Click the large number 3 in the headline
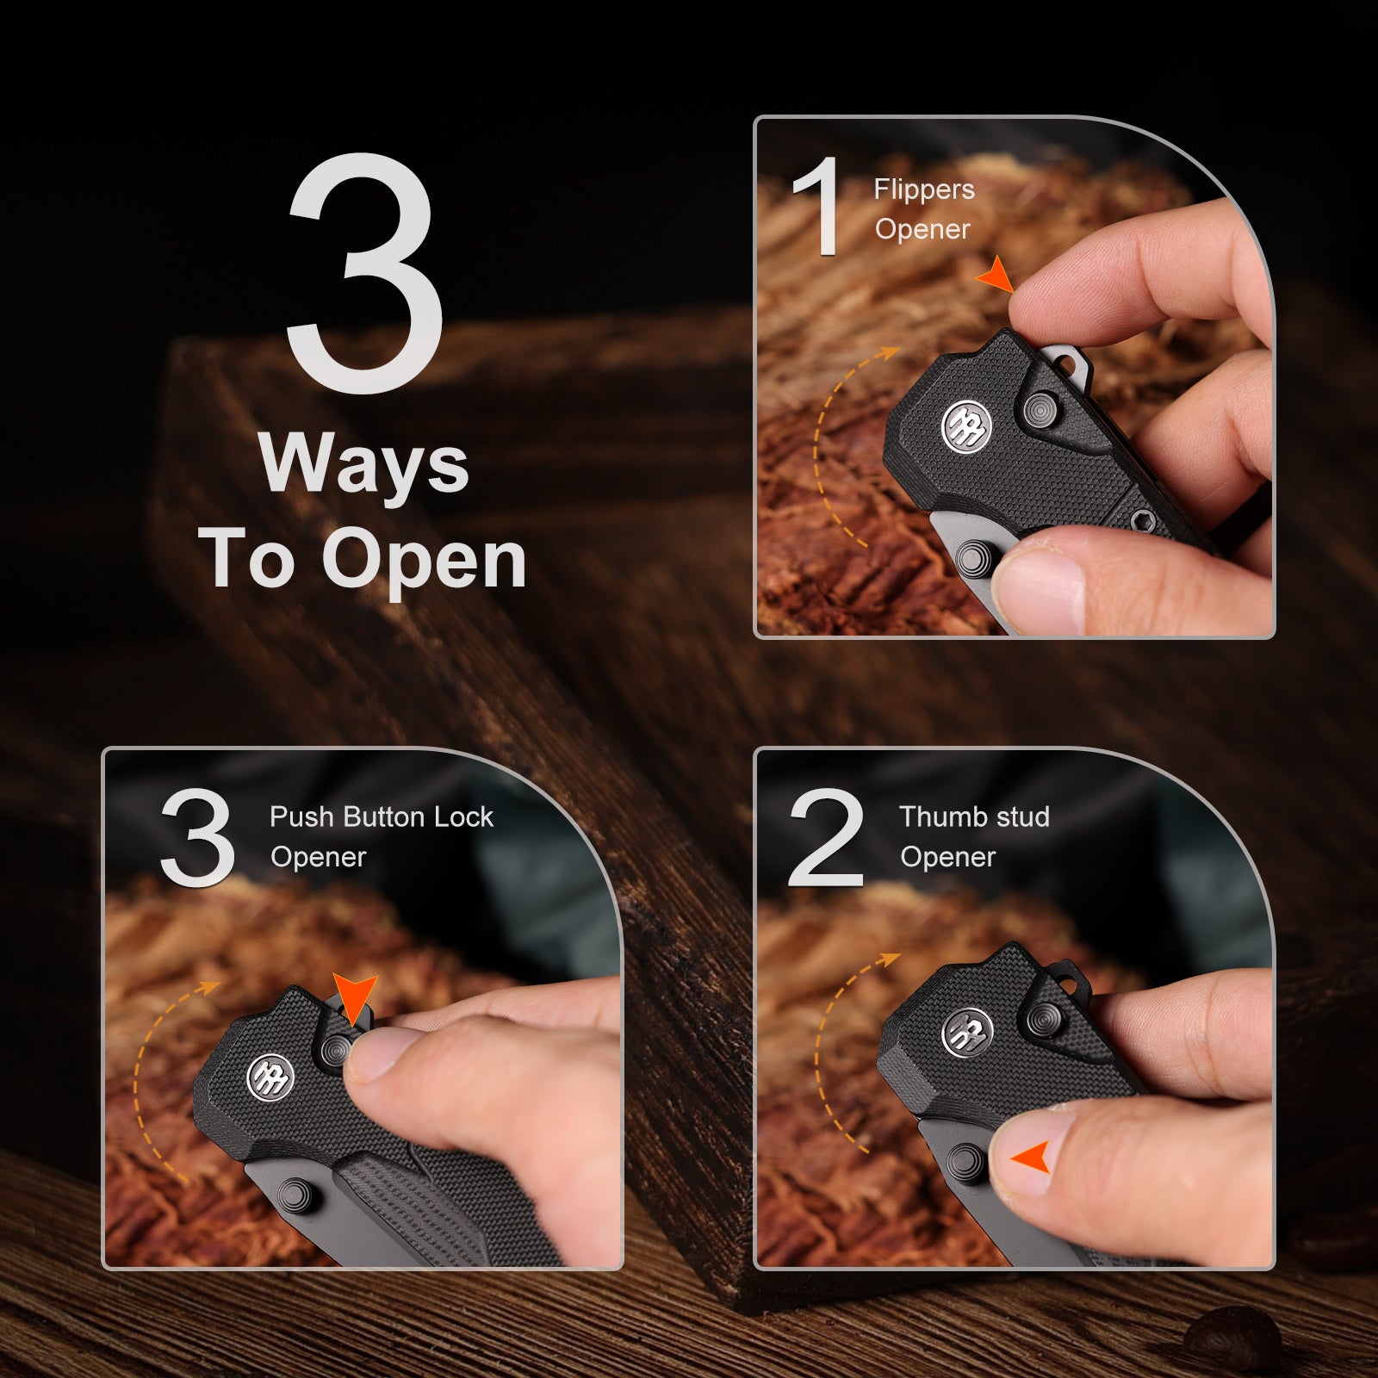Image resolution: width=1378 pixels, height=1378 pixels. click(x=365, y=274)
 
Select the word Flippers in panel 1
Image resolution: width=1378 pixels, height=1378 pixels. click(x=924, y=190)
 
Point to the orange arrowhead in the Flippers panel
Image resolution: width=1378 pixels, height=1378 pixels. click(x=996, y=274)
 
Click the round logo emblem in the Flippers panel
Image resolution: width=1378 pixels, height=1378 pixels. click(x=966, y=425)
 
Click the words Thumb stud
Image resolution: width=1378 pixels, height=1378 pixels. click(x=974, y=816)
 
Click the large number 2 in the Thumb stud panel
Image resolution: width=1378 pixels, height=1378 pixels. click(x=826, y=837)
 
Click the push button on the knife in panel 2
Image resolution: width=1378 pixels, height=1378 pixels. click(x=1046, y=1019)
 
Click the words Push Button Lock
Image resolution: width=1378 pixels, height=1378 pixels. click(x=382, y=816)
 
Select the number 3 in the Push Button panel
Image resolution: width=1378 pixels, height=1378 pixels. click(x=197, y=837)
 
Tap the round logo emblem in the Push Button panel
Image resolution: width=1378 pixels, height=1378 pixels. click(x=270, y=1077)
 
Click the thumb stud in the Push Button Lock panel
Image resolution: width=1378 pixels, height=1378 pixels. click(x=298, y=1195)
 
